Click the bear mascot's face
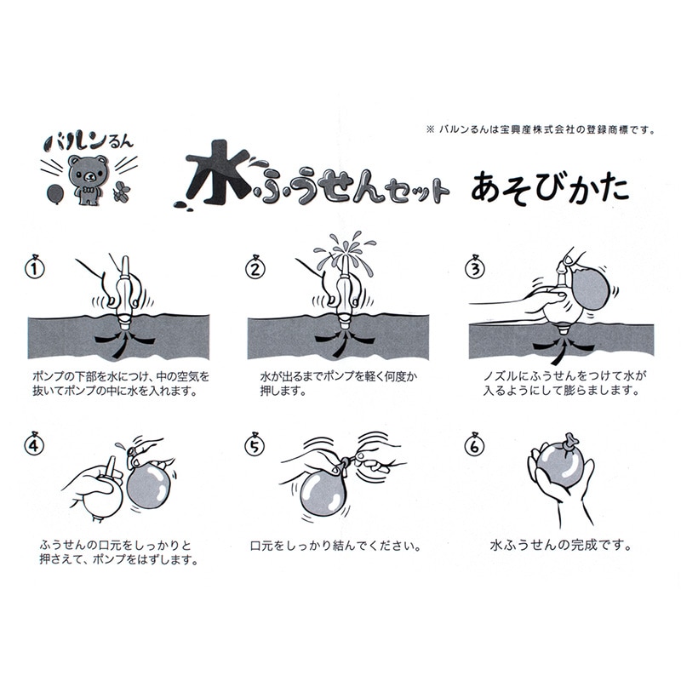point(89,172)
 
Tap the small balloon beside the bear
point(54,194)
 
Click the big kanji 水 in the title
point(218,173)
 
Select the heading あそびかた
point(550,188)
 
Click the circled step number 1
point(35,268)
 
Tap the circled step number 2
point(255,268)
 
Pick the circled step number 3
point(475,268)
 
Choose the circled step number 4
point(34,445)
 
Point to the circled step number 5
point(254,445)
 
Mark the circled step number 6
point(474,445)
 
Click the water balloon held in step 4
point(149,485)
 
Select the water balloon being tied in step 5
point(323,494)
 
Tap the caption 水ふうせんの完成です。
point(561,545)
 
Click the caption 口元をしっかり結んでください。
point(335,546)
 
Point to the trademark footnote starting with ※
point(541,129)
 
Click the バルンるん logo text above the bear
point(89,141)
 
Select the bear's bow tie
point(89,190)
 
